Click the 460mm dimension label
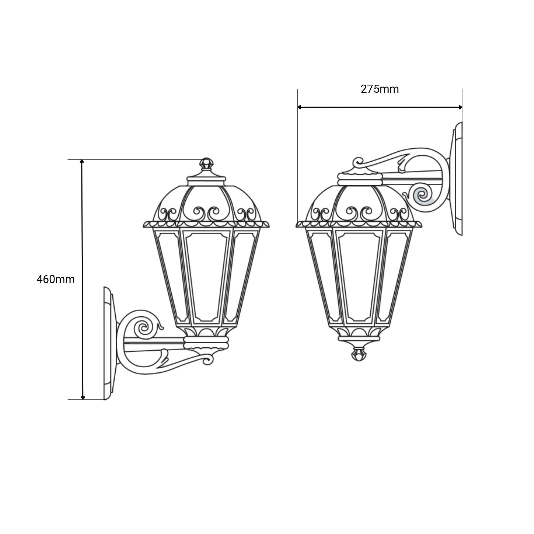56,280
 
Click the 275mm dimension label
380,89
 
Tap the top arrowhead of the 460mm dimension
82,162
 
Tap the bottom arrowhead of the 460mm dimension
83,398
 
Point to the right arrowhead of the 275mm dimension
460,107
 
